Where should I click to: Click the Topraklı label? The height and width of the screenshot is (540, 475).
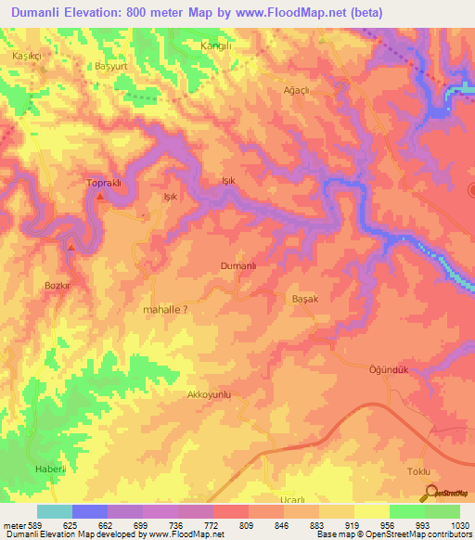(x=104, y=183)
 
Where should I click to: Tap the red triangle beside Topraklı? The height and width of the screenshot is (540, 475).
(x=100, y=197)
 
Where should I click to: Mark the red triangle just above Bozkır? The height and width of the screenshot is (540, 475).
(x=71, y=247)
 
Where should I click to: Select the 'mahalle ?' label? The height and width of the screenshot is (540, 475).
(x=168, y=311)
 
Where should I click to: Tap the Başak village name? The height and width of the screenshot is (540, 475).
(x=305, y=300)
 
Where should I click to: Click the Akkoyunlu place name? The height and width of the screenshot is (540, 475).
(x=209, y=394)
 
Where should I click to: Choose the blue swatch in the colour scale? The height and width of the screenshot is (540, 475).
(x=90, y=511)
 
